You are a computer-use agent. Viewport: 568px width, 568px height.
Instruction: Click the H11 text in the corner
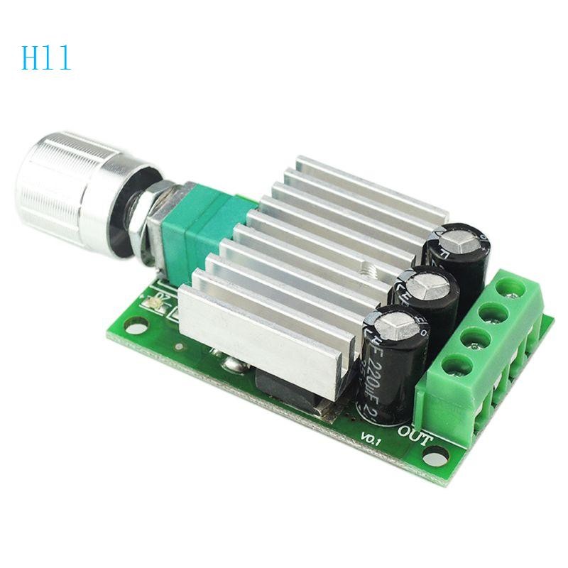(x=46, y=58)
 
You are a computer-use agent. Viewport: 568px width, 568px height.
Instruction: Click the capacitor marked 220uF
(x=395, y=362)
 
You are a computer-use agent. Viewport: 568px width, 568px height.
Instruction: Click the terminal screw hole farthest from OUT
(x=508, y=288)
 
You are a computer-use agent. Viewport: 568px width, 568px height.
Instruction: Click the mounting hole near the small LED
(x=132, y=326)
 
